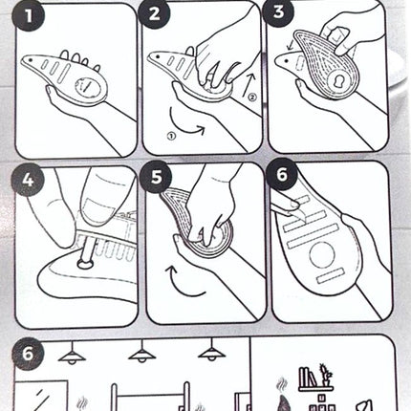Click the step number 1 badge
point(29,15)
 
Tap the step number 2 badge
point(155,14)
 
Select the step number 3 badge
point(278,12)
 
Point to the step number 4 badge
point(28,180)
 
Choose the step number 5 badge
point(156,177)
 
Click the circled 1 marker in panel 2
point(171,136)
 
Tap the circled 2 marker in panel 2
point(251,97)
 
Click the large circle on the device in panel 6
point(322,254)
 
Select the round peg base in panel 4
point(85,264)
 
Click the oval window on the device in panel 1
point(91,87)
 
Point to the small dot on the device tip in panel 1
point(30,59)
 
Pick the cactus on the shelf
point(325,376)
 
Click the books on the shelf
point(308,377)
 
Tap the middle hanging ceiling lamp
point(141,354)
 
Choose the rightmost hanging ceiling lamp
point(212,351)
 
